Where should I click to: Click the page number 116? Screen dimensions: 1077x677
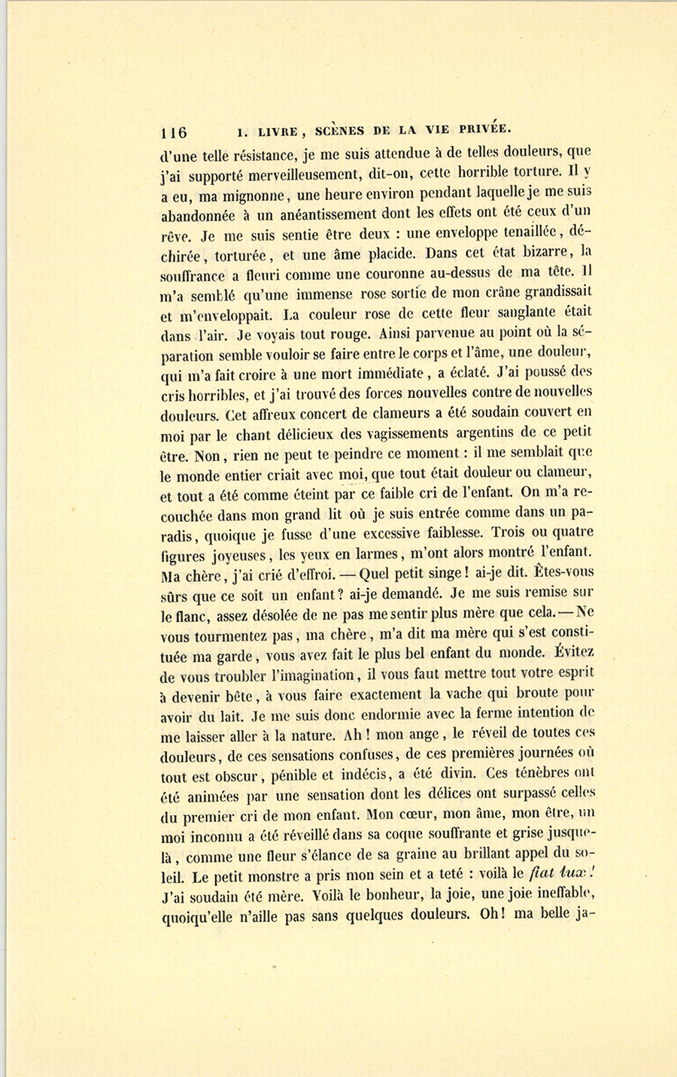click(174, 133)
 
